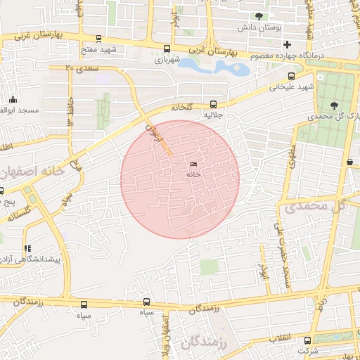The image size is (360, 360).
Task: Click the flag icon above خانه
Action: pyautogui.click(x=193, y=165)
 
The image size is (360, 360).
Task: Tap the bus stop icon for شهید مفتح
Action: pyautogui.click(x=98, y=39)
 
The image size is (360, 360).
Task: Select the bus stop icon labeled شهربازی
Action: pyautogui.click(x=167, y=49)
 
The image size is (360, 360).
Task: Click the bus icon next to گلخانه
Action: pyautogui.click(x=213, y=103)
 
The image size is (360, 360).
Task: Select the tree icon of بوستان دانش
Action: pyautogui.click(x=260, y=16)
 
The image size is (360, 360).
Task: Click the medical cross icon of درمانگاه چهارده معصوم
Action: pyautogui.click(x=287, y=44)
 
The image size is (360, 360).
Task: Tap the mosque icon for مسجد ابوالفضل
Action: pyautogui.click(x=13, y=100)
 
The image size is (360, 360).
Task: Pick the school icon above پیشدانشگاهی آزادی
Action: pyautogui.click(x=27, y=248)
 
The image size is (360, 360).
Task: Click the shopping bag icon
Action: pyautogui.click(x=349, y=162)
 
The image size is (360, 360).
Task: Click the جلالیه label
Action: pyautogui.click(x=213, y=114)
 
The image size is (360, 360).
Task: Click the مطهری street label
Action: pyautogui.click(x=289, y=160)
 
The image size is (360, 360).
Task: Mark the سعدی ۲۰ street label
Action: pyautogui.click(x=81, y=68)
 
